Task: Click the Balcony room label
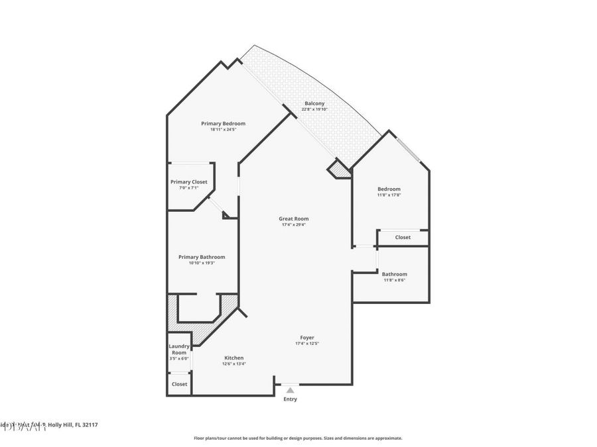point(314,103)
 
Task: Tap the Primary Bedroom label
point(223,123)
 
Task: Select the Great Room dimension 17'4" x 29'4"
point(293,224)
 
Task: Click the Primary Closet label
point(188,181)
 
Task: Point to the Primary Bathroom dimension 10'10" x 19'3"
point(202,263)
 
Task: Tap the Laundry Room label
point(179,349)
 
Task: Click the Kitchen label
point(233,358)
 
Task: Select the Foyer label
point(306,337)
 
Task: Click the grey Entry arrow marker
point(290,390)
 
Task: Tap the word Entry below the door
point(290,399)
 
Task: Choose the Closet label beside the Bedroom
point(403,237)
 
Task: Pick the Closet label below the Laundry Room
point(179,383)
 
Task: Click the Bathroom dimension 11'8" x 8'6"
point(394,280)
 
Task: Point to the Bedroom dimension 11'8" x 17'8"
point(389,195)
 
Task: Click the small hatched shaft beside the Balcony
point(340,170)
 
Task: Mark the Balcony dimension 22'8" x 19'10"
point(314,109)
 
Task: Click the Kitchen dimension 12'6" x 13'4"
point(233,364)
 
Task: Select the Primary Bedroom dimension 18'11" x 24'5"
point(223,129)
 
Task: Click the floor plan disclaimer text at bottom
point(298,438)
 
